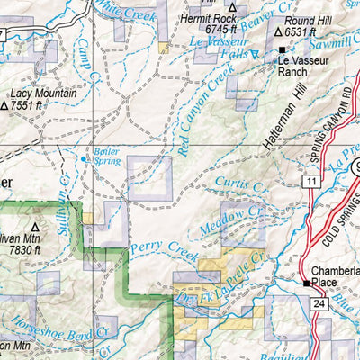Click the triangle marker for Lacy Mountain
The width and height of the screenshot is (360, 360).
pos(5,105)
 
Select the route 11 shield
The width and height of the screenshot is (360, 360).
pos(311,181)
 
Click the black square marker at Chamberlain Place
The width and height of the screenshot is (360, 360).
pos(307,283)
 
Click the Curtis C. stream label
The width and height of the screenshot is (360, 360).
pos(239,184)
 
